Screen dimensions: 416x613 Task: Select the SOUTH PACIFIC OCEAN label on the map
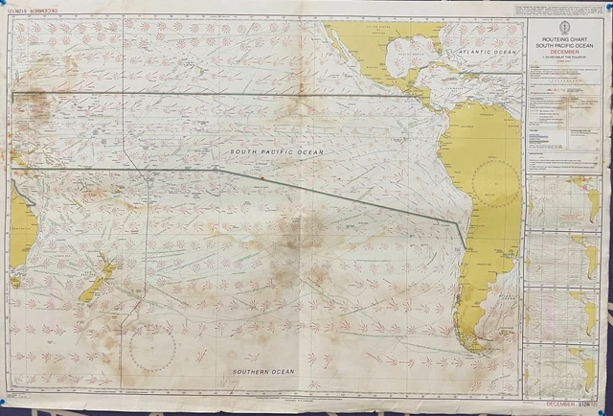276,152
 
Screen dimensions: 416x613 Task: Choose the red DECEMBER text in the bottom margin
559,404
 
